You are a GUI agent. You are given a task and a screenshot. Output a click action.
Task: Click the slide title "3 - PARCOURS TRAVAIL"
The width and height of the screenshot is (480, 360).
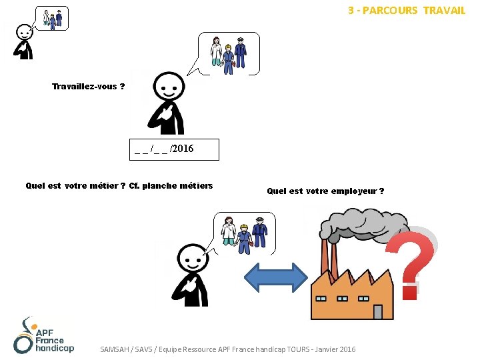click(x=406, y=11)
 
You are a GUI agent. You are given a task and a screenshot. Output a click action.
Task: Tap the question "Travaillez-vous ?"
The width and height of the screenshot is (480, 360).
click(x=88, y=87)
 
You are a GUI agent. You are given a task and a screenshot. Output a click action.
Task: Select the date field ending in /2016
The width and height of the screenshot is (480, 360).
click(x=174, y=148)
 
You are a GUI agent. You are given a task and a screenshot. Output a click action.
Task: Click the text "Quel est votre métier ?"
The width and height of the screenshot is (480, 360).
click(x=75, y=186)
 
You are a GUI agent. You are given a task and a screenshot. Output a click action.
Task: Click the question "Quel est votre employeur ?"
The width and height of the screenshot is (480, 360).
click(x=325, y=191)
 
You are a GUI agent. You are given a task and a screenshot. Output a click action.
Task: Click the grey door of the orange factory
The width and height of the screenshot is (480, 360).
click(x=378, y=311)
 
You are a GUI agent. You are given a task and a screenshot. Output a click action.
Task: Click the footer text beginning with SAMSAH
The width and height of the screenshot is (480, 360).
click(x=227, y=349)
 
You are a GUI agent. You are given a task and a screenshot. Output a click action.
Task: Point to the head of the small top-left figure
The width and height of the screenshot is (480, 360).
click(x=25, y=31)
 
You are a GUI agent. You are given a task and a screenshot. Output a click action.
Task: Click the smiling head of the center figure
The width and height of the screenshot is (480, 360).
click(x=169, y=85)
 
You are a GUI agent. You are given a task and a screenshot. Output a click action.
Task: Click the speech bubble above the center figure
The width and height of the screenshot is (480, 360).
click(x=229, y=53)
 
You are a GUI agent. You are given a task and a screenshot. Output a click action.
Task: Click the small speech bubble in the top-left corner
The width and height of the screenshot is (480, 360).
click(x=53, y=18)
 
